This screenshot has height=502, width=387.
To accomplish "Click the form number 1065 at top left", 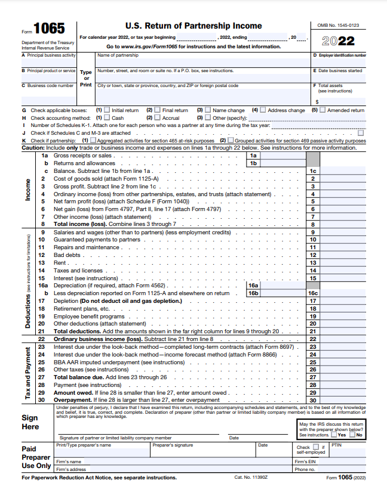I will (49, 29).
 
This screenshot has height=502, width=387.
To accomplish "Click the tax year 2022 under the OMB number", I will (338, 41).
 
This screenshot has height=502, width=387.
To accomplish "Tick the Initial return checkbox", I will (107, 110).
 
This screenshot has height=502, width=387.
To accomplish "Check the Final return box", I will (158, 110).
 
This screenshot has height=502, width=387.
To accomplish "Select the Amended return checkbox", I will (322, 110).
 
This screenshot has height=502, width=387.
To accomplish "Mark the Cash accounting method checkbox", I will (107, 118).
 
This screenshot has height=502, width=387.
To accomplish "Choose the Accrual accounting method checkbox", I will (158, 118).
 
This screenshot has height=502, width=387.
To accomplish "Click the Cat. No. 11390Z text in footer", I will (251, 478).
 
